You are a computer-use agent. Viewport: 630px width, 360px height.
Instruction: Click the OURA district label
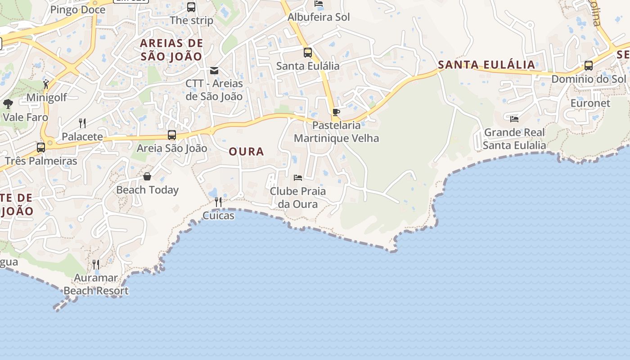246,152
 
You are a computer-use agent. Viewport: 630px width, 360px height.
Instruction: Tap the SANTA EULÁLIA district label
486,64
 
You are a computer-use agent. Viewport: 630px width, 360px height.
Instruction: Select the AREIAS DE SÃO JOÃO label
171,49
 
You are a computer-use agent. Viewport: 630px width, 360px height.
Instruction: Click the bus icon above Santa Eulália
308,53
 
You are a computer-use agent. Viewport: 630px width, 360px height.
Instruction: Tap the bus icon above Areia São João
171,135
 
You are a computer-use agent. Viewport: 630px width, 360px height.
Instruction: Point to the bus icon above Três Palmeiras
41,148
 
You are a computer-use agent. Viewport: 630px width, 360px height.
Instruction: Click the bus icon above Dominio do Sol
588,66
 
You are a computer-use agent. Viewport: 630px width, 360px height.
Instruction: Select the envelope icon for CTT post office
214,71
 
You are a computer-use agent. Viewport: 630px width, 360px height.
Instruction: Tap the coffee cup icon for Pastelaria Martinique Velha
336,112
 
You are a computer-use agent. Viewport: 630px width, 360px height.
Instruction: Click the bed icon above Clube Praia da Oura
297,178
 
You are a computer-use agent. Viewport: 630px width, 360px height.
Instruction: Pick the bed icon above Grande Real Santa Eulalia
514,119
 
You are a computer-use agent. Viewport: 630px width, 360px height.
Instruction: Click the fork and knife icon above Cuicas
218,202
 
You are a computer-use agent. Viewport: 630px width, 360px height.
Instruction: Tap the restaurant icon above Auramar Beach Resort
96,264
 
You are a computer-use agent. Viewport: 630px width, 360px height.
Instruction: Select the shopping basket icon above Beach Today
147,176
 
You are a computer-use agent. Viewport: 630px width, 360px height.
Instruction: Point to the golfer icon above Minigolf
46,84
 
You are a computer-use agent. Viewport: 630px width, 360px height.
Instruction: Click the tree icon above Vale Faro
8,104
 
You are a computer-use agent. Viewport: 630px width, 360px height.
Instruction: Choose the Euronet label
590,103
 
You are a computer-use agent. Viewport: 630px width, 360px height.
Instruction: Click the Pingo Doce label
78,10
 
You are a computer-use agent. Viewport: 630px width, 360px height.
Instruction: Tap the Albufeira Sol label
319,17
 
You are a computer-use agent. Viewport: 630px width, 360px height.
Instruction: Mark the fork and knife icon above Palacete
82,123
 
